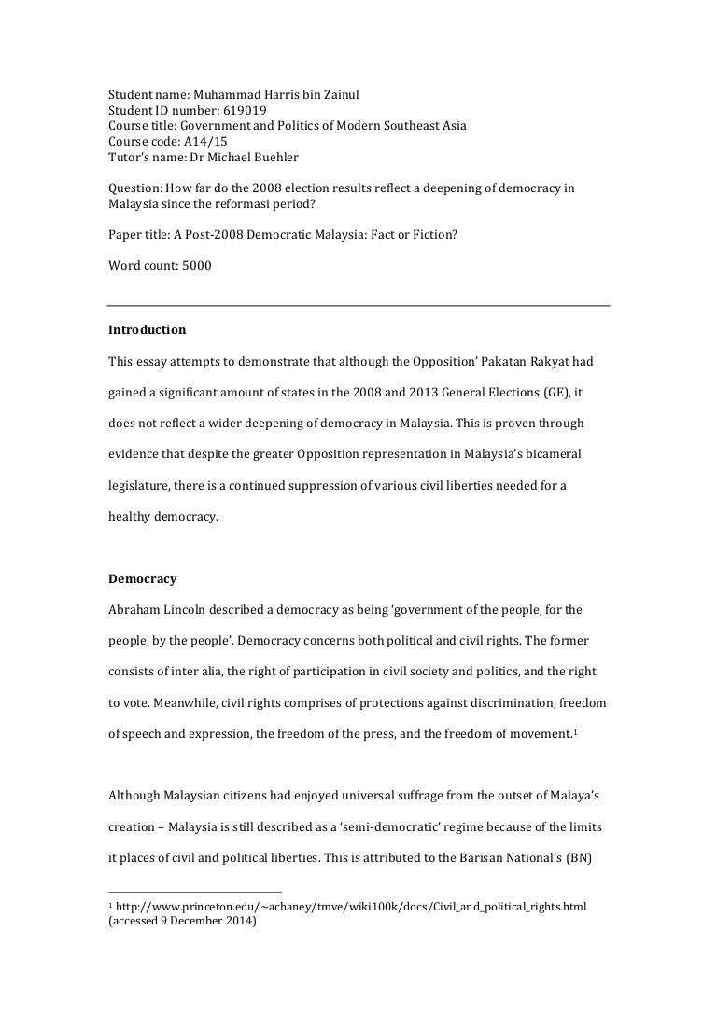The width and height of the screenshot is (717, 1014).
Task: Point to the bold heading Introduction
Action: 148,329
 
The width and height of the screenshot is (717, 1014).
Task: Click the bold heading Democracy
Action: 143,578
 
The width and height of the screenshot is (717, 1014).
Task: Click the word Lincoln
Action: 188,610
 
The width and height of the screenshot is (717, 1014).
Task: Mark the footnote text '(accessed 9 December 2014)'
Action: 183,921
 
